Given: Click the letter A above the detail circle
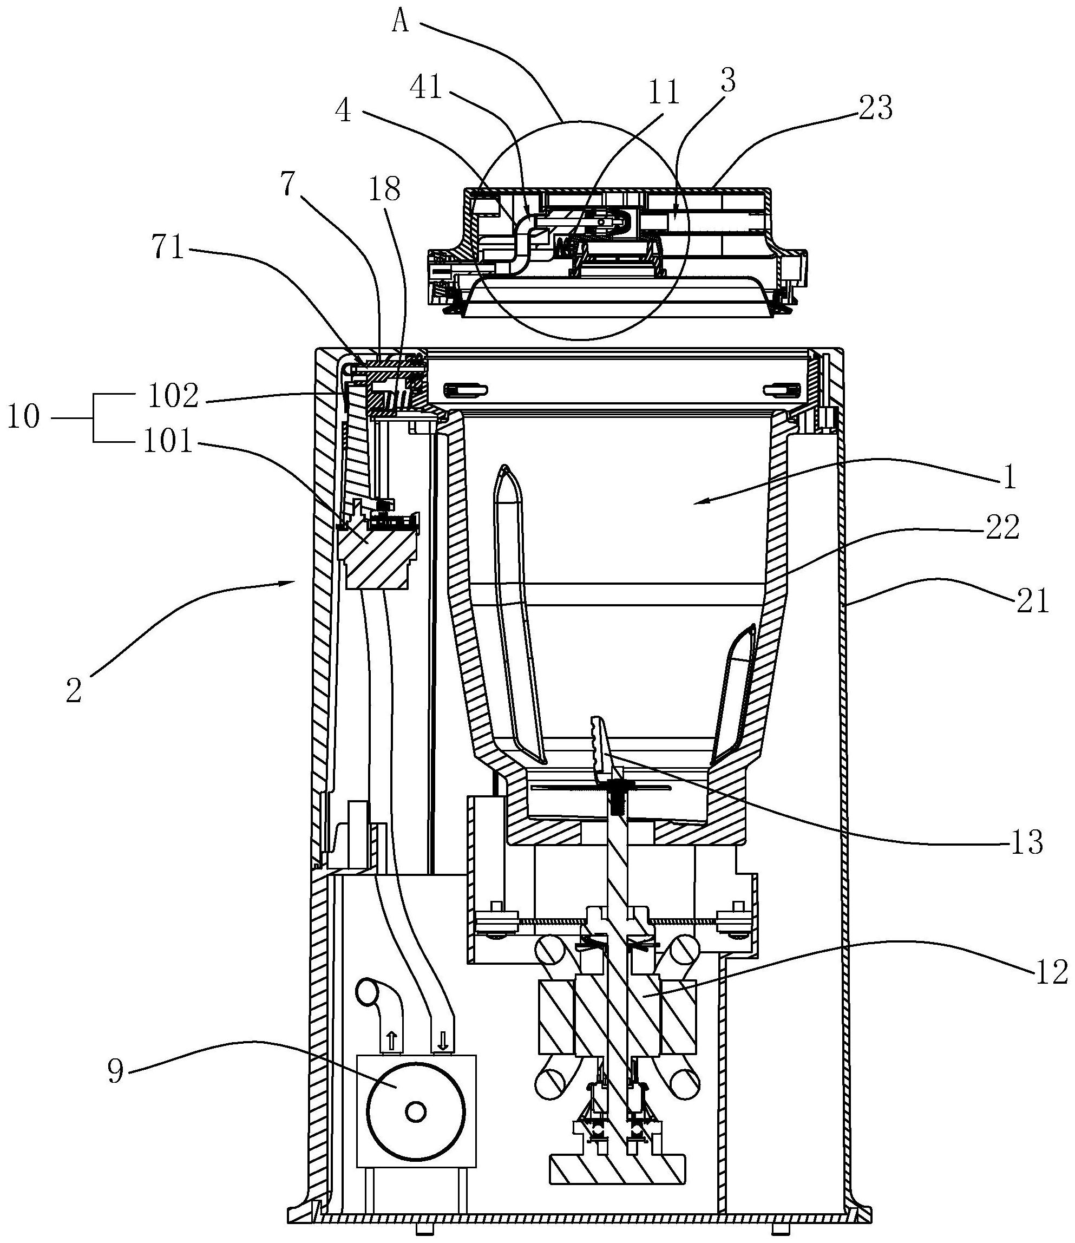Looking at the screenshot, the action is click(x=401, y=22).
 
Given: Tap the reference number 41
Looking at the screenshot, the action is click(x=426, y=88).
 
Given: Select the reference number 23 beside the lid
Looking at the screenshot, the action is click(x=876, y=109).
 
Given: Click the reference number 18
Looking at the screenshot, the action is click(x=384, y=189).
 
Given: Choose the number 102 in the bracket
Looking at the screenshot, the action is click(x=173, y=396).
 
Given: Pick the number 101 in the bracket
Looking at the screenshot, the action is click(x=168, y=442).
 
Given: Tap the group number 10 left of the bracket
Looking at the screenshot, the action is click(x=23, y=416).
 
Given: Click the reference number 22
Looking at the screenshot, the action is click(x=1002, y=528).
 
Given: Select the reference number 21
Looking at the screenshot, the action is click(x=1032, y=600).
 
